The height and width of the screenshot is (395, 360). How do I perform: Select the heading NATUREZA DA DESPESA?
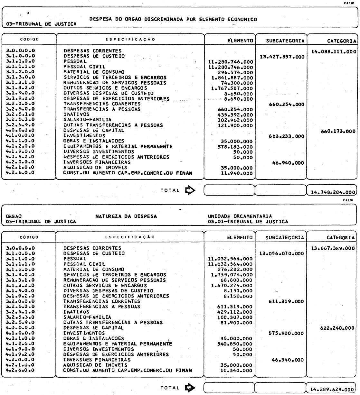pyautogui.click(x=126, y=216)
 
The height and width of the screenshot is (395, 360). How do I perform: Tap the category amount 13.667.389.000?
pyautogui.click(x=333, y=248)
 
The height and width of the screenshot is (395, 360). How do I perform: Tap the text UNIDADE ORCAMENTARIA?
pyautogui.click(x=240, y=216)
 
